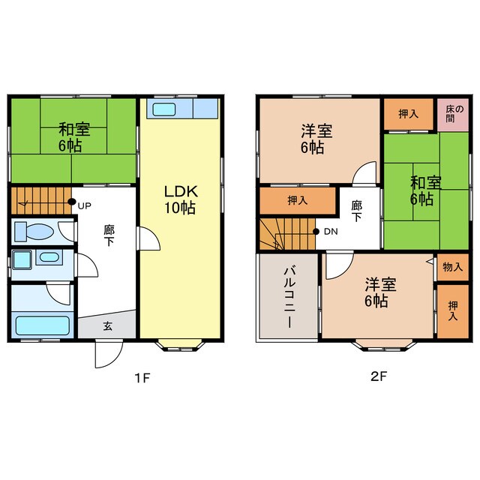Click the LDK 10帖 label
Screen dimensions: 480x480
181,199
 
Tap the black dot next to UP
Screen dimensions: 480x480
72,202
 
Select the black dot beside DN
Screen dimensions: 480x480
316,232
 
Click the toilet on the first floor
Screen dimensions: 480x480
34,232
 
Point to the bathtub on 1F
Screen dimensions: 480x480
43,325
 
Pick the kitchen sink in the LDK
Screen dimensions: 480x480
164,109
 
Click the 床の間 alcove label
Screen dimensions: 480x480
454,113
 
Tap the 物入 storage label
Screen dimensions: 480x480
452,267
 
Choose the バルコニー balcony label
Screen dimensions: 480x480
289,297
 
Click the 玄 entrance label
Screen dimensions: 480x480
107,326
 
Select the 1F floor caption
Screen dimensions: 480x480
142,378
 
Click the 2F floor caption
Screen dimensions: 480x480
379,376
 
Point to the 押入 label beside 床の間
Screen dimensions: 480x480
408,114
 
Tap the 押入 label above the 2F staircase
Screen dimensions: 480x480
298,200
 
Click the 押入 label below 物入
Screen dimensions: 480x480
453,310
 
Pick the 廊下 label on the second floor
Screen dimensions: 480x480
357,211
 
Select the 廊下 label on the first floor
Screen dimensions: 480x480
109,235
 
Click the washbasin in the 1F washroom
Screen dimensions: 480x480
49,257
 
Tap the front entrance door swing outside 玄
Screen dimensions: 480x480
109,354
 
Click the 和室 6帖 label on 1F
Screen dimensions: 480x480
74,137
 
